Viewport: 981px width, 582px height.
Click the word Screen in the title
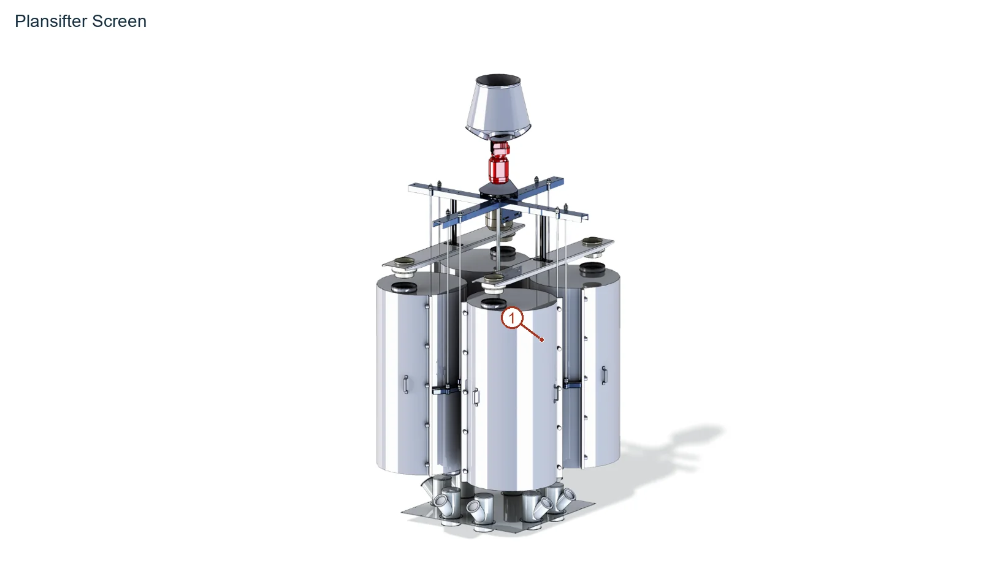(119, 21)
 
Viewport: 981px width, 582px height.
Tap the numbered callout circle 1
(511, 318)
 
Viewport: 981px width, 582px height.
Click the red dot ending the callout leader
(542, 339)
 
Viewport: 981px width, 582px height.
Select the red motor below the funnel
(499, 162)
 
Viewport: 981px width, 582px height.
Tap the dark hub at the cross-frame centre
(498, 192)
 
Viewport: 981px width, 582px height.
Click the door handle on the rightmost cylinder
(605, 376)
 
